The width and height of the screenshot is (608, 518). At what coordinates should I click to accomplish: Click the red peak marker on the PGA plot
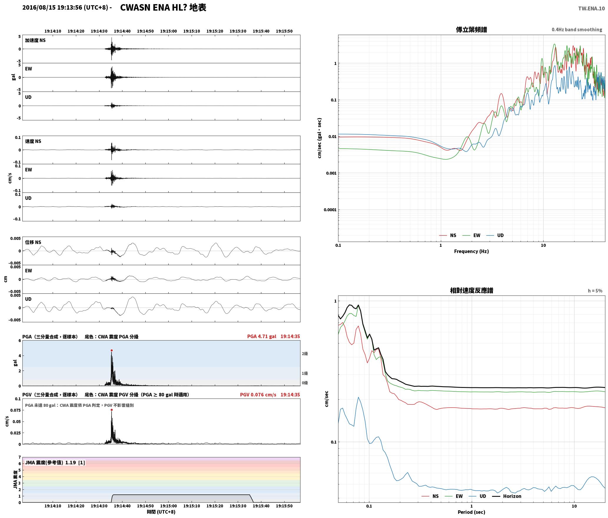(112, 350)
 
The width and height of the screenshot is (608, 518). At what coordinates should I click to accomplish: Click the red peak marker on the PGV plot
(112, 410)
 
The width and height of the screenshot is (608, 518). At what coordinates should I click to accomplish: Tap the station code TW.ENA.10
(592, 9)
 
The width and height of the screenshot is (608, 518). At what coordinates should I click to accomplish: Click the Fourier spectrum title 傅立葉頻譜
(471, 30)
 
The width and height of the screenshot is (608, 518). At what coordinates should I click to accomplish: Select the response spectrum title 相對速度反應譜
(471, 290)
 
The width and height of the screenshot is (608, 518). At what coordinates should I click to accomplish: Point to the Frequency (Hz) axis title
(471, 251)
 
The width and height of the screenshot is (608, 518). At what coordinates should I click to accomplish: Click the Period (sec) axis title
(471, 512)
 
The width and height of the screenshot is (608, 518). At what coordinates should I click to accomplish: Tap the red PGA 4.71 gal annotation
(262, 336)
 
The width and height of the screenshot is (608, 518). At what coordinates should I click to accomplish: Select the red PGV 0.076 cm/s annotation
(258, 395)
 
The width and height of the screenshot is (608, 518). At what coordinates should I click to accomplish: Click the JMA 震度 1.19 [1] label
(55, 463)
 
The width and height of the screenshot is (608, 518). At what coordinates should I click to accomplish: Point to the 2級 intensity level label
(305, 354)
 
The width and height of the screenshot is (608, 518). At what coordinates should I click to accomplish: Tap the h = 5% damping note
(595, 291)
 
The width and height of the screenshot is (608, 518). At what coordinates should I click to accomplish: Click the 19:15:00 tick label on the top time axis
(168, 31)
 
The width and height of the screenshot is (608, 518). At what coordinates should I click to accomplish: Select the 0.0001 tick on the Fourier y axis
(330, 210)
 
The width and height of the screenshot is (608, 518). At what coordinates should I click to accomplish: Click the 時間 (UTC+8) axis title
(161, 512)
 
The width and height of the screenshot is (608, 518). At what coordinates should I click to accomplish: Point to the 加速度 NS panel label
(35, 40)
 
